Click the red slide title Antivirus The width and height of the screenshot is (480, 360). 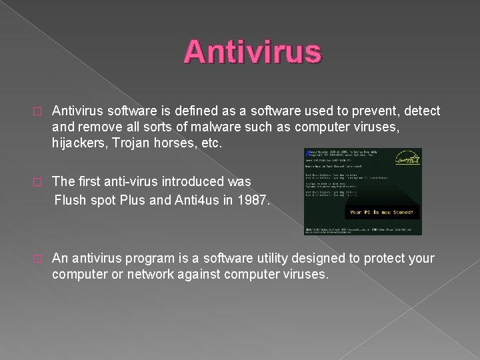click(x=253, y=52)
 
